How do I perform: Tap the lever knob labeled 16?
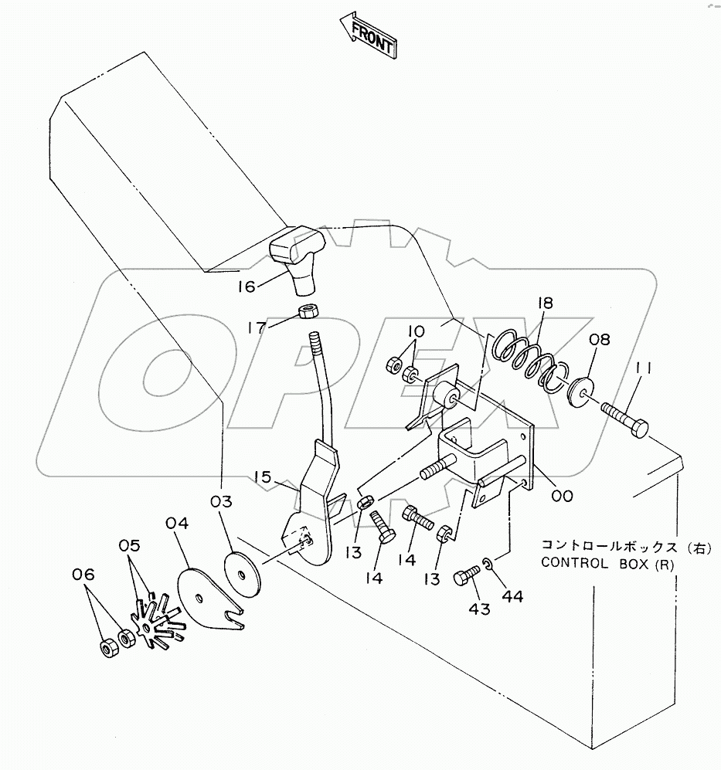point(297,255)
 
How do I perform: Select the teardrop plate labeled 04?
point(206,596)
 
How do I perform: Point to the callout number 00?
point(562,496)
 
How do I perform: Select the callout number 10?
point(416,331)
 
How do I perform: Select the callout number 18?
point(546,304)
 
